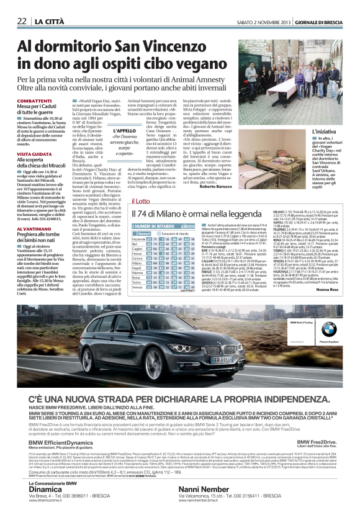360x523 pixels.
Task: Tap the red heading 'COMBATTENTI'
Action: tap(34, 101)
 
